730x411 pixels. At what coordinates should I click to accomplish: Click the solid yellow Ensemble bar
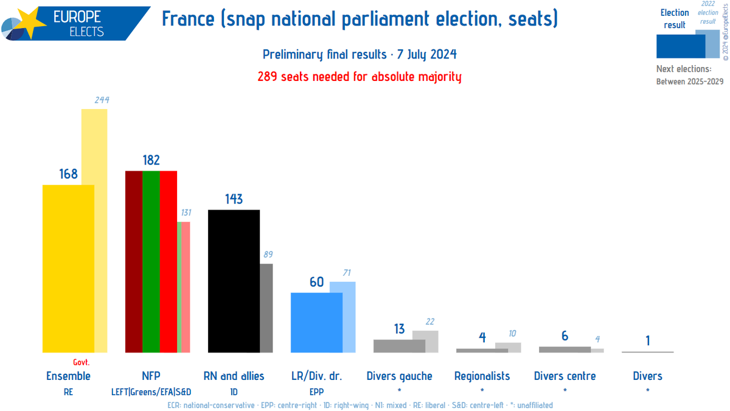(68, 268)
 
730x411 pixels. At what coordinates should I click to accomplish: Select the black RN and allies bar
(234, 281)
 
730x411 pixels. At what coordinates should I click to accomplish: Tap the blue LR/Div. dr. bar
(316, 322)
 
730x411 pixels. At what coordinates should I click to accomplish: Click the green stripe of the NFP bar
(151, 262)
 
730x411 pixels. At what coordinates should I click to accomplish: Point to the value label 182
(151, 160)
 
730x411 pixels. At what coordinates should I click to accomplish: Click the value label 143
(234, 199)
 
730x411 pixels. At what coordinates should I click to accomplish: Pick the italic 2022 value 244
(101, 100)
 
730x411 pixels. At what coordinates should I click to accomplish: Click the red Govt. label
(81, 362)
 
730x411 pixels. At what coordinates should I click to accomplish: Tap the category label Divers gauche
(399, 376)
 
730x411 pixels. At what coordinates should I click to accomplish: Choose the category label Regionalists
(482, 376)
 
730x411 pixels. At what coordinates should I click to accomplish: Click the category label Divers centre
(565, 376)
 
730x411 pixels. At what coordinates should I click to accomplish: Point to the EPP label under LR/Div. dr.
(316, 392)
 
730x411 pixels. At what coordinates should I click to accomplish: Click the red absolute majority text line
(360, 77)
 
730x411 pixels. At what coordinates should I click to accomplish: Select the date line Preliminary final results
(360, 55)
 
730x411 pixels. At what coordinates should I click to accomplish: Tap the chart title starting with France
(360, 19)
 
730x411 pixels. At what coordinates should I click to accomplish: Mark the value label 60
(316, 282)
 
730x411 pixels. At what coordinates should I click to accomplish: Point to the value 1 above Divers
(647, 341)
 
